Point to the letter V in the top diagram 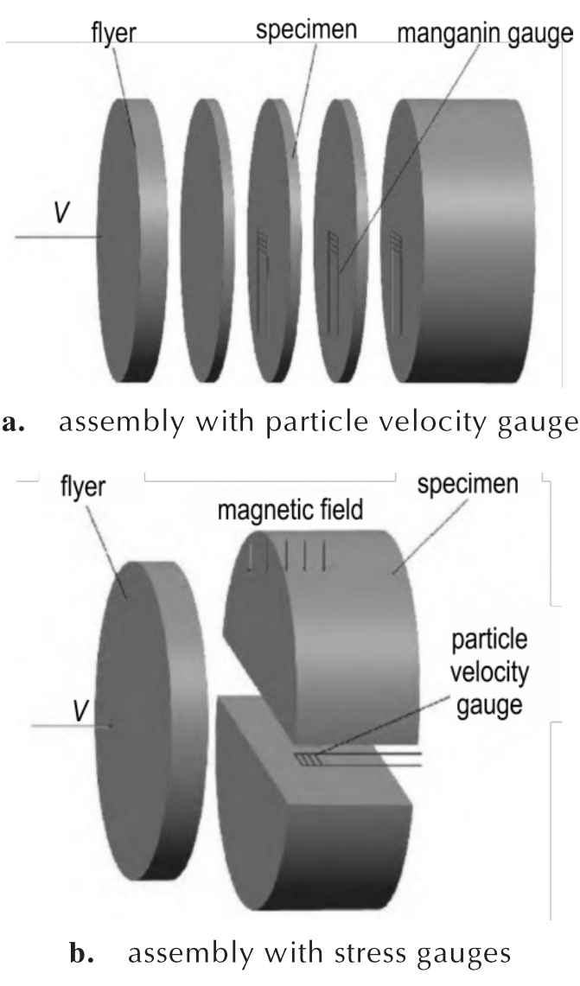61,213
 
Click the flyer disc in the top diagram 132,240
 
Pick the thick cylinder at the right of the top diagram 459,240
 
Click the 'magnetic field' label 290,509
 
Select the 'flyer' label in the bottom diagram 83,487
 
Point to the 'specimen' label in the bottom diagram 468,485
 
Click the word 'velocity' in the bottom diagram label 488,672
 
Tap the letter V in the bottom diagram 80,710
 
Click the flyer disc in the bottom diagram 151,720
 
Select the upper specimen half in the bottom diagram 321,635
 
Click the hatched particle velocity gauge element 309,760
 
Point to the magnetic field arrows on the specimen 287,556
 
